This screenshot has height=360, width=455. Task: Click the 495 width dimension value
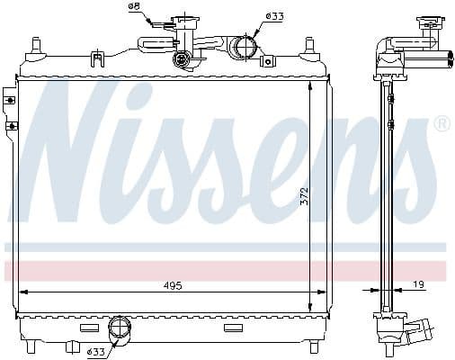pyautogui.click(x=174, y=285)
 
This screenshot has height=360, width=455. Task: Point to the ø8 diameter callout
pyautogui.click(x=134, y=7)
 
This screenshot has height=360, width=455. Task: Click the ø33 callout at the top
pyautogui.click(x=274, y=16)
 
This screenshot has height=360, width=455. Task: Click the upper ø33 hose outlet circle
pyautogui.click(x=241, y=47)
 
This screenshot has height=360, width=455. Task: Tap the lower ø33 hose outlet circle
pyautogui.click(x=119, y=328)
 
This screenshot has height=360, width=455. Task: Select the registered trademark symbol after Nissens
pyautogui.click(x=442, y=124)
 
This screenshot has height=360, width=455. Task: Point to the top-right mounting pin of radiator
pyautogui.click(x=309, y=45)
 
